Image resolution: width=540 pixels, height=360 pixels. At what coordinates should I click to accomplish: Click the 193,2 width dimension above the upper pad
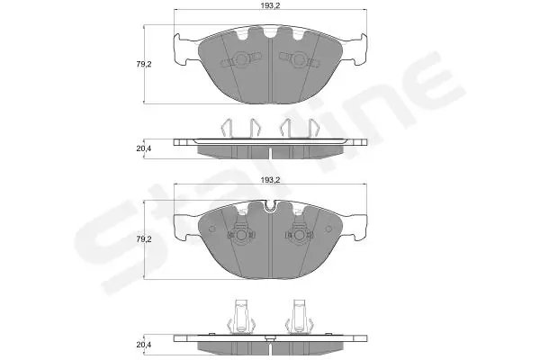(270, 5)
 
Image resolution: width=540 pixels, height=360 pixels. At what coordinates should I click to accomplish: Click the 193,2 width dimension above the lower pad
(270, 180)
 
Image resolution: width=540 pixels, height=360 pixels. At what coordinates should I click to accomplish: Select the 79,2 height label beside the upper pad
(144, 64)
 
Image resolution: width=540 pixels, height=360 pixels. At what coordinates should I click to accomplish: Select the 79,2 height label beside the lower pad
(144, 239)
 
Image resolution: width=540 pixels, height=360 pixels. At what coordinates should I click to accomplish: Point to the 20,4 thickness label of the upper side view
(144, 148)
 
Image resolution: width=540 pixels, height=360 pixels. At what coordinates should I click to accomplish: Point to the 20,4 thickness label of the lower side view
(144, 345)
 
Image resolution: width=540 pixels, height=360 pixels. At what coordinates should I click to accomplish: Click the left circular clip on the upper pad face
(240, 60)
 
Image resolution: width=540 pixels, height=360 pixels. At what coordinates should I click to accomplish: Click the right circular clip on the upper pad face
(299, 60)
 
